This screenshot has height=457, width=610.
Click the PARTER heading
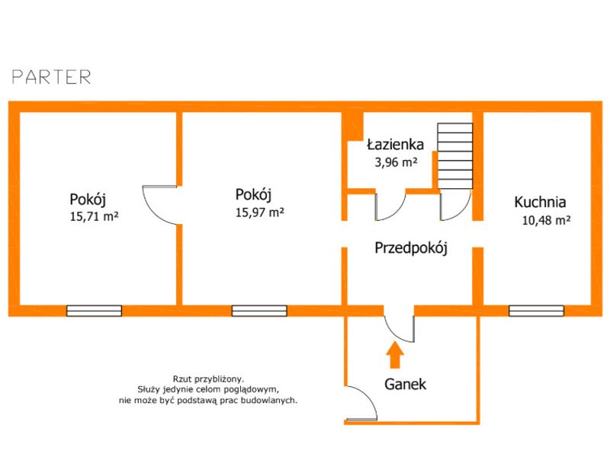[x=52, y=77]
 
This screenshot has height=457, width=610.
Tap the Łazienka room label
[x=395, y=145]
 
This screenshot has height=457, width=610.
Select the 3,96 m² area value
[x=396, y=161]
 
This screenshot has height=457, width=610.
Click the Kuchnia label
[x=540, y=202]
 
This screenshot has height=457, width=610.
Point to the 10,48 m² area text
[x=546, y=220]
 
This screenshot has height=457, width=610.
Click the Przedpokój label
[x=411, y=248]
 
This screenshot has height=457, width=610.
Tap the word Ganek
[x=405, y=385]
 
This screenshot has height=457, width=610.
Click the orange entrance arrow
[x=395, y=354]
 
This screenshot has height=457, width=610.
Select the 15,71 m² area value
[x=94, y=216]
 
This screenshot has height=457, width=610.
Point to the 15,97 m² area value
[x=260, y=213]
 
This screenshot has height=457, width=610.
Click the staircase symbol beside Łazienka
[x=454, y=156]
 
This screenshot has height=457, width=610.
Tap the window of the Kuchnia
[x=536, y=311]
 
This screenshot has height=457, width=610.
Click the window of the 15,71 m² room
[x=94, y=311]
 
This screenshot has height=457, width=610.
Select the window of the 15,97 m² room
[x=259, y=311]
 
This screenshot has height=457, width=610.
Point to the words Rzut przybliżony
[x=208, y=379]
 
